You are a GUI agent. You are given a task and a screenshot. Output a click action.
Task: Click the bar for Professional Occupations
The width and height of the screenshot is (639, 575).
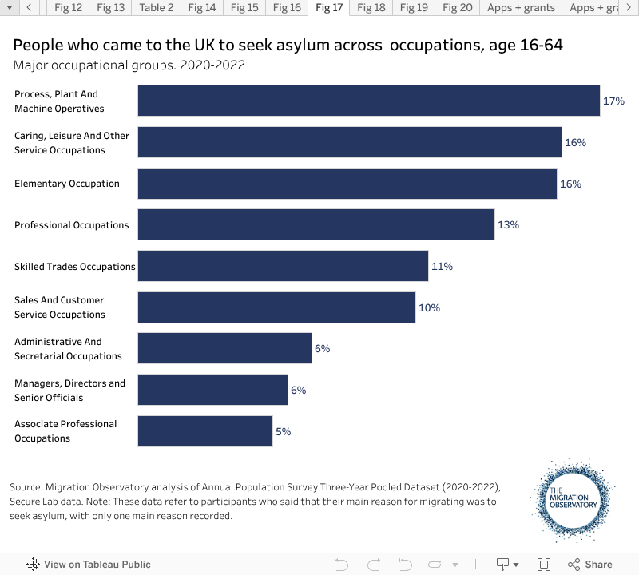tap(316, 224)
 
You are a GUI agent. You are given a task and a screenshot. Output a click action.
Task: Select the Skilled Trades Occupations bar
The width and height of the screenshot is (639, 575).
tap(283, 266)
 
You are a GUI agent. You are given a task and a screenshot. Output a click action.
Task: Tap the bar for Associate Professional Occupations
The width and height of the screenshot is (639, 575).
tap(205, 431)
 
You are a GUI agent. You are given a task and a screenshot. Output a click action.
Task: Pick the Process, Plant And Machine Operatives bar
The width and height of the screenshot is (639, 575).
tap(368, 101)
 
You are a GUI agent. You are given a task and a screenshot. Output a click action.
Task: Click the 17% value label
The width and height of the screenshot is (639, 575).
tap(613, 101)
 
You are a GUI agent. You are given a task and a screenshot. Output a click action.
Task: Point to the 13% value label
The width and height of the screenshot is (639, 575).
tap(508, 225)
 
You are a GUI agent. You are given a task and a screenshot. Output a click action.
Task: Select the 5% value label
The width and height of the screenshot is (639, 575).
tap(283, 432)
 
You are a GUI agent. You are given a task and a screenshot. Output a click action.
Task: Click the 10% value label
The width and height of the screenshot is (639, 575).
tap(429, 308)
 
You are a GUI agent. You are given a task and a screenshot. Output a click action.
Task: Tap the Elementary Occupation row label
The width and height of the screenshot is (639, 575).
tap(67, 184)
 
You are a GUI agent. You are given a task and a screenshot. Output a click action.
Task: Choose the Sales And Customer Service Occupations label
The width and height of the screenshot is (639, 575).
tap(60, 307)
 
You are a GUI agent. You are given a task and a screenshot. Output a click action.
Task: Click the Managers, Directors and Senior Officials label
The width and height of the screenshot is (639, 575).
tap(69, 391)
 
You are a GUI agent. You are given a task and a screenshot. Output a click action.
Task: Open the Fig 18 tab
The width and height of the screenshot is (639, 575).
tap(371, 8)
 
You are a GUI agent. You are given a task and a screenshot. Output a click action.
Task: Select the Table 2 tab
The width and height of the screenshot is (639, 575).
tap(156, 8)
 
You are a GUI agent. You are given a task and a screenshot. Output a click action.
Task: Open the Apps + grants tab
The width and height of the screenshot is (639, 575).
tap(521, 8)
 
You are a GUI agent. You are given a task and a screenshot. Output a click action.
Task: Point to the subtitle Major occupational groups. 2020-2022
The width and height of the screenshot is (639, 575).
tap(129, 65)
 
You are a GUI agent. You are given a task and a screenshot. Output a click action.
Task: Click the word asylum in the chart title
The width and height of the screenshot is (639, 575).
tap(347, 46)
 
